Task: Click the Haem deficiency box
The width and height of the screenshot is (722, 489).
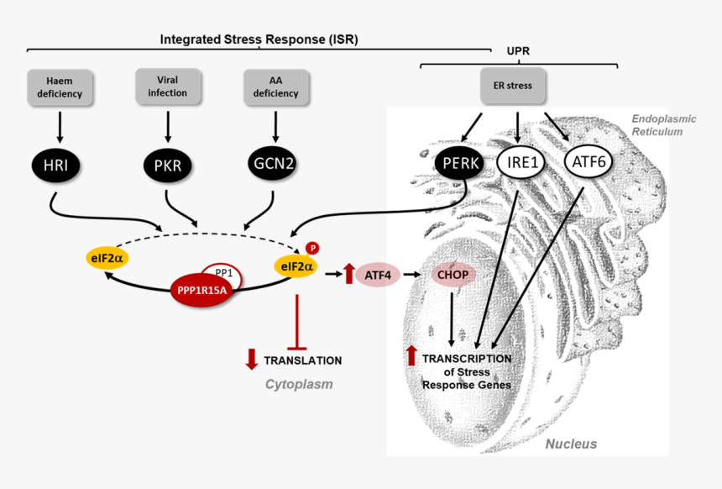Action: click(x=60, y=88)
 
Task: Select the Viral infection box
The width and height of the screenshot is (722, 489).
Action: click(x=168, y=87)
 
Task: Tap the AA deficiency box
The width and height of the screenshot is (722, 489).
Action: click(x=275, y=87)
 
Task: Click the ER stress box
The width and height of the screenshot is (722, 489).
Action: click(x=512, y=86)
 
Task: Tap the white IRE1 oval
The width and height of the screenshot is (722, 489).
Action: click(x=523, y=162)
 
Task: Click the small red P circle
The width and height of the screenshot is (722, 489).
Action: click(x=311, y=248)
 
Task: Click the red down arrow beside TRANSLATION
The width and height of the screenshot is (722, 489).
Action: click(x=251, y=360)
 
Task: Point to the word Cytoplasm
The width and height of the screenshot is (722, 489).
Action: click(x=299, y=385)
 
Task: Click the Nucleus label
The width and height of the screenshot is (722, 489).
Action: click(x=571, y=444)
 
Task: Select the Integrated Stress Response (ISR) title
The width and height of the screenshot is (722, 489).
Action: click(x=264, y=39)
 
